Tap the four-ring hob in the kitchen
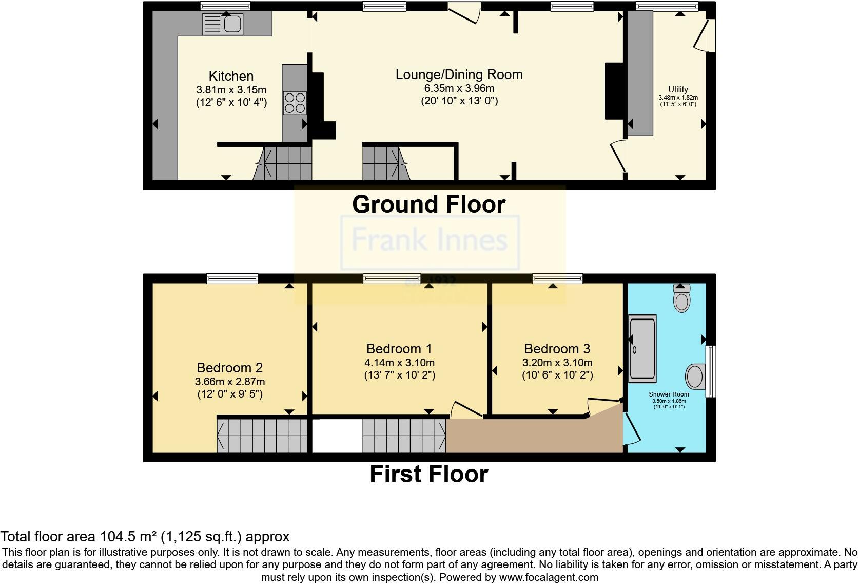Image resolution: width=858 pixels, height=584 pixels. (295, 102)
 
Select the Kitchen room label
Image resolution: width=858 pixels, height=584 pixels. (231, 76)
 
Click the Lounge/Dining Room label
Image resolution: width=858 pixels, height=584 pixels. (459, 74)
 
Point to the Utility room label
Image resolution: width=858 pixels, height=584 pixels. (678, 89)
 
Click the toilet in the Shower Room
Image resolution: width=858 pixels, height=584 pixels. (681, 298)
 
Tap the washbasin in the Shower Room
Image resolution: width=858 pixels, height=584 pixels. (695, 376)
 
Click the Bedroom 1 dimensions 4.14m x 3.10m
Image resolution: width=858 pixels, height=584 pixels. (399, 363)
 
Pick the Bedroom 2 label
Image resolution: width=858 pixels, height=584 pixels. (229, 368)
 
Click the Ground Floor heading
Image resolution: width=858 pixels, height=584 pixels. (428, 204)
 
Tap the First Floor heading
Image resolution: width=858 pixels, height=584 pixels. (428, 474)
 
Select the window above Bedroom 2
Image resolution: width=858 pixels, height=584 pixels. (232, 278)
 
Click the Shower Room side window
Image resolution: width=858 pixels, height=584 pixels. (711, 371)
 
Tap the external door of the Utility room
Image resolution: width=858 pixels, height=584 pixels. (704, 35)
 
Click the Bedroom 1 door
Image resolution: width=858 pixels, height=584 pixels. (465, 410)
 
